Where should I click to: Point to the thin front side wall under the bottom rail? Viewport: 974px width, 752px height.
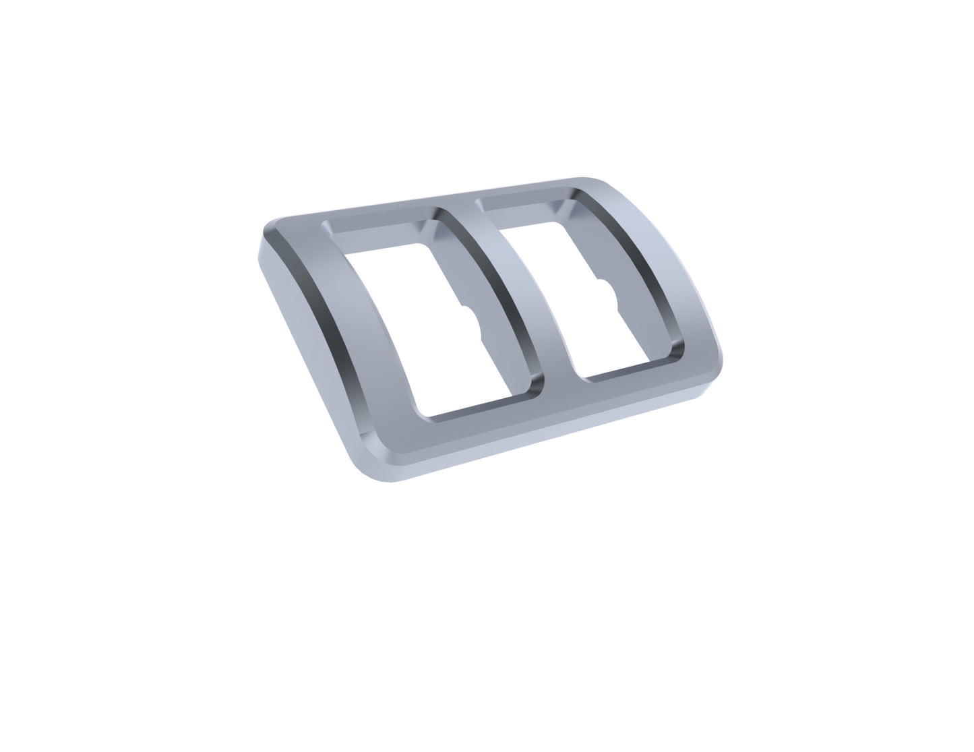(539, 441)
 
